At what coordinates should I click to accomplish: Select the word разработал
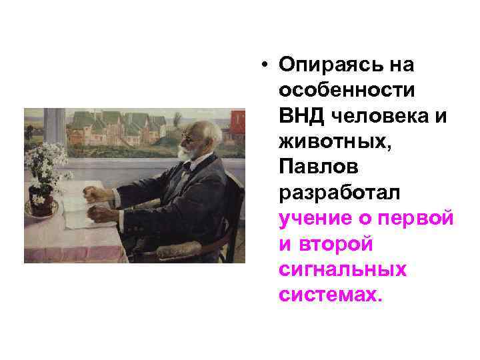click(x=339, y=192)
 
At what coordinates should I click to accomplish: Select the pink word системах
click(x=330, y=295)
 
